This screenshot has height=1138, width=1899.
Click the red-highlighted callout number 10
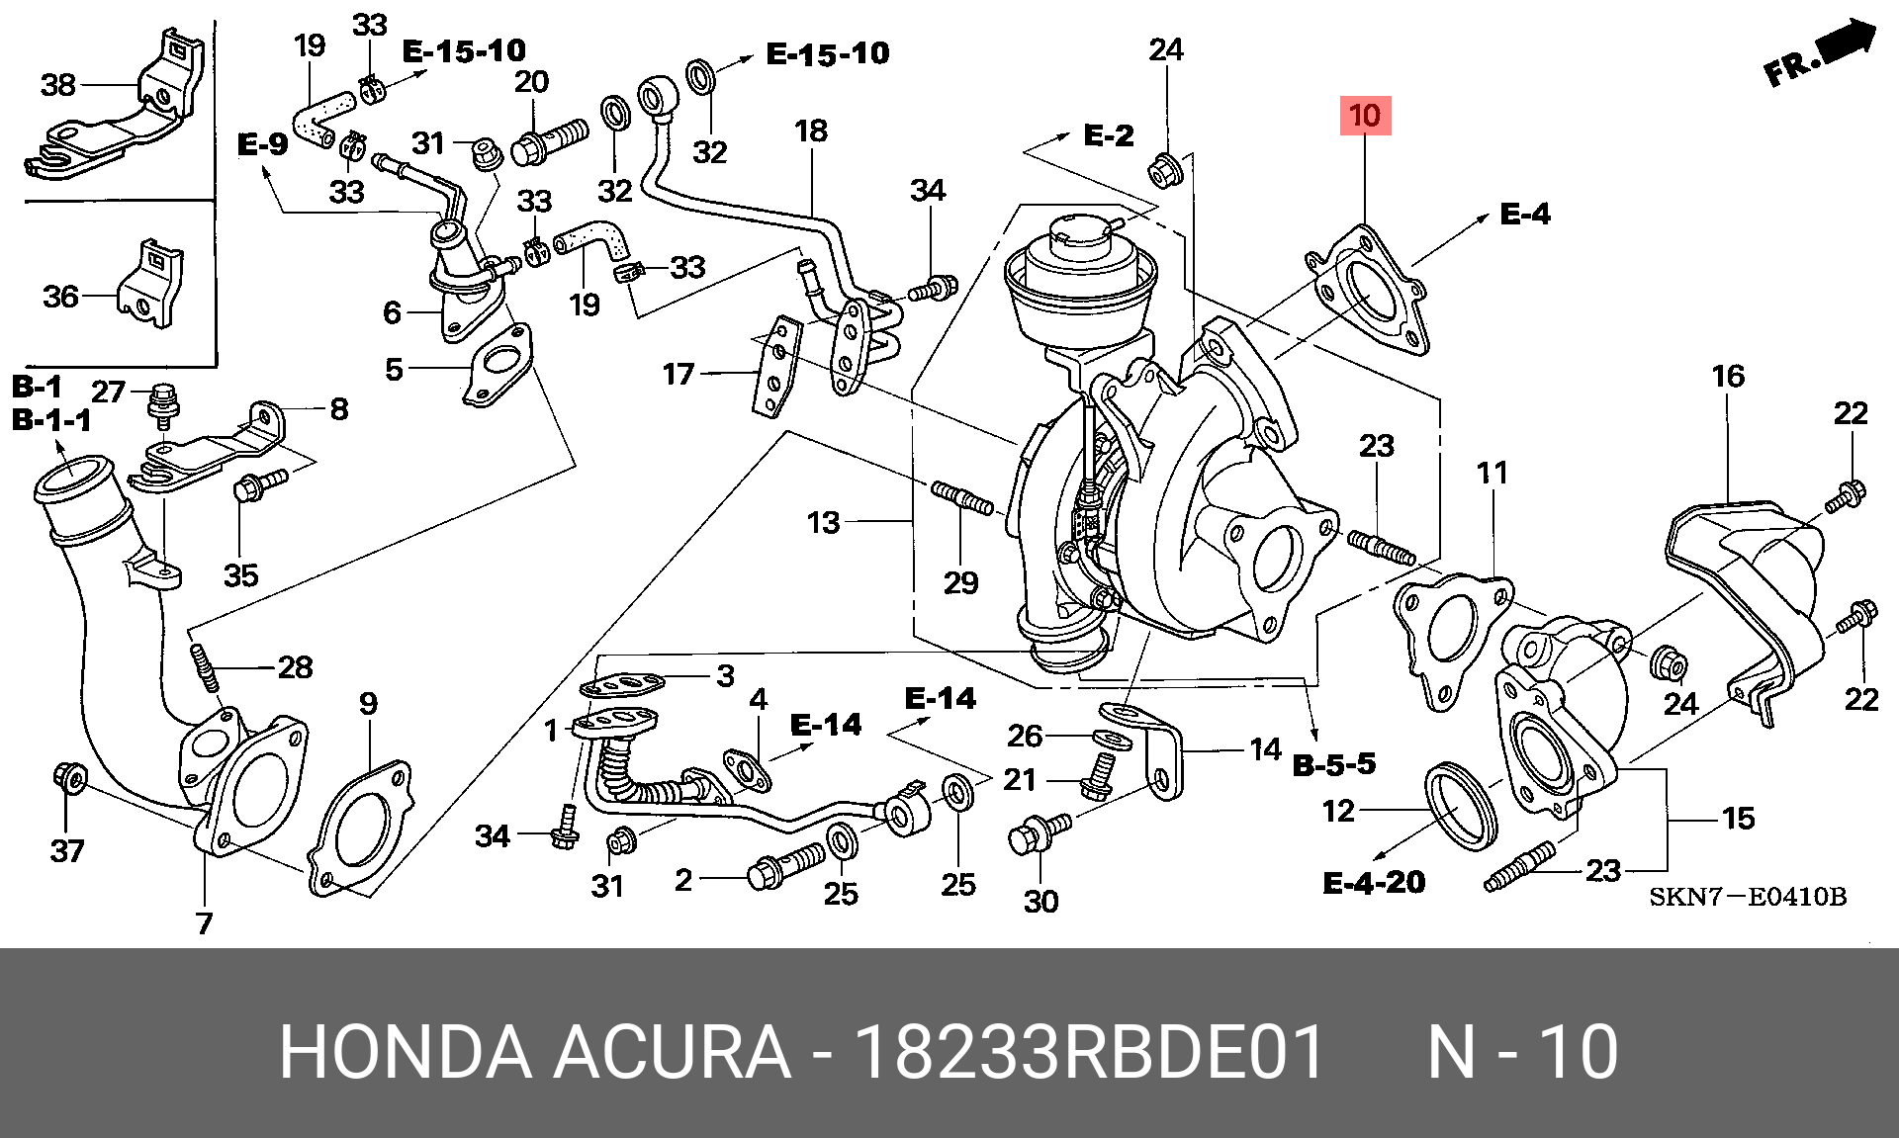point(1365,116)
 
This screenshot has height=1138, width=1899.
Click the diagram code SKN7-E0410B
point(1747,897)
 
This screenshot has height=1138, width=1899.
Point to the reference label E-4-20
point(1374,882)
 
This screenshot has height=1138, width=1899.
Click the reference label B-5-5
point(1334,763)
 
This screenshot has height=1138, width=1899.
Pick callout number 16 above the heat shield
point(1728,376)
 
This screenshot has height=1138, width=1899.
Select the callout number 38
point(58,85)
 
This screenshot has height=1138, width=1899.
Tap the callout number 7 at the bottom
point(204,922)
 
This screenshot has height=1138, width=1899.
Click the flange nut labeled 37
point(69,779)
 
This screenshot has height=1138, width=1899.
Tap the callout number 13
point(823,522)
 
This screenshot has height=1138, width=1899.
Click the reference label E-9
point(262,144)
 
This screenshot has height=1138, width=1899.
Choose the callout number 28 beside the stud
point(295,667)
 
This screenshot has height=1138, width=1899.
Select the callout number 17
point(678,374)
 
